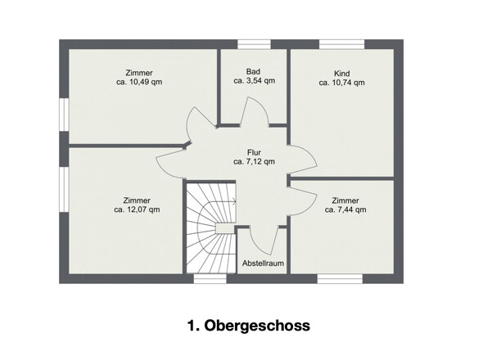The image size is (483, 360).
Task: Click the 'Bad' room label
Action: pyautogui.click(x=253, y=72)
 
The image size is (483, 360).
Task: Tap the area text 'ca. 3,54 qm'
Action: pyautogui.click(x=254, y=81)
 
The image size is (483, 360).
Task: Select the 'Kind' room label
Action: pyautogui.click(x=342, y=74)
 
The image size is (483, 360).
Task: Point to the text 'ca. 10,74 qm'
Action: pyautogui.click(x=342, y=83)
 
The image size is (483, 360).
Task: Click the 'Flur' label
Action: pyautogui.click(x=254, y=152)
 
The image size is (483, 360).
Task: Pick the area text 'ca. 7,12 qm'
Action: pyautogui.click(x=254, y=161)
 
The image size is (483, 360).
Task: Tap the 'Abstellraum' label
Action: pyautogui.click(x=263, y=263)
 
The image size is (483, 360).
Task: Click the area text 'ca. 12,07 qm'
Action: pyautogui.click(x=137, y=209)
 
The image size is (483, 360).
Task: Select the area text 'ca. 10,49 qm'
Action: pyautogui.click(x=139, y=82)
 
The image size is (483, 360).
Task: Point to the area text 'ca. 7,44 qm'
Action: pyautogui.click(x=345, y=209)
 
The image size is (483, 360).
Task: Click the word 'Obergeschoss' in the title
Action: pyautogui.click(x=257, y=326)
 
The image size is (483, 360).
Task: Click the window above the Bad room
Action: pyautogui.click(x=254, y=44)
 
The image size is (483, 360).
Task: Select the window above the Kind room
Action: pyautogui.click(x=342, y=44)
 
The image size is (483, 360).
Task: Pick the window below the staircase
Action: pyautogui.click(x=210, y=279)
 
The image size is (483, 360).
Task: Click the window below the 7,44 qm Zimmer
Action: pyautogui.click(x=340, y=279)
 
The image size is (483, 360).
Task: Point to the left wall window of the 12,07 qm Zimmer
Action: pyautogui.click(x=64, y=189)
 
